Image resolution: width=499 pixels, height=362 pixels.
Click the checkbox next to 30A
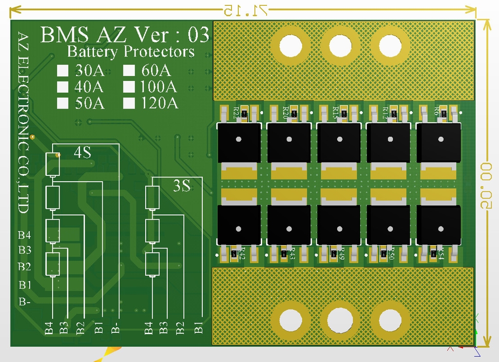coord(62,71)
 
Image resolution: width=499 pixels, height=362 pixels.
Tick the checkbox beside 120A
coord(129,103)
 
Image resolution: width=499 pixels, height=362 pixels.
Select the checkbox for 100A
coord(129,87)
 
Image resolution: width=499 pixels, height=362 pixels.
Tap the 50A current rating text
coord(89,103)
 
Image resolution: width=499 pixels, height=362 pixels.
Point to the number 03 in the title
coord(198,35)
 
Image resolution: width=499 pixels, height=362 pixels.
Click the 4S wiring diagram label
coord(82,152)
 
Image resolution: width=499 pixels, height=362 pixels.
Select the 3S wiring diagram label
coord(182,186)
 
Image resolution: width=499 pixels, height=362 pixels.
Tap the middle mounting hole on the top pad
coord(340,46)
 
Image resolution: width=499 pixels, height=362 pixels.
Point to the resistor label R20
coord(286,113)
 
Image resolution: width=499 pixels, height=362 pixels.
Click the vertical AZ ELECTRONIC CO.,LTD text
coord(22,122)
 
